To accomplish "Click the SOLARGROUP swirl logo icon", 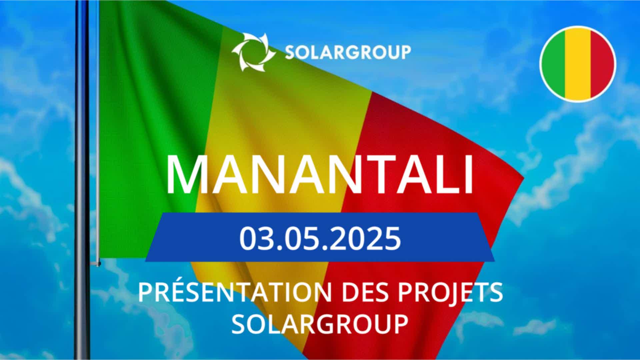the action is [x=254, y=52].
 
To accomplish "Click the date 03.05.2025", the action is [x=320, y=238].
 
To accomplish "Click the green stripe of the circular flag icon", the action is [x=553, y=64].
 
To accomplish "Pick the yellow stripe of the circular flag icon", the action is [x=578, y=64].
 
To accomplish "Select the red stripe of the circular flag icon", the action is [x=603, y=64].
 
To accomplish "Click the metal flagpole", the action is [x=82, y=180].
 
